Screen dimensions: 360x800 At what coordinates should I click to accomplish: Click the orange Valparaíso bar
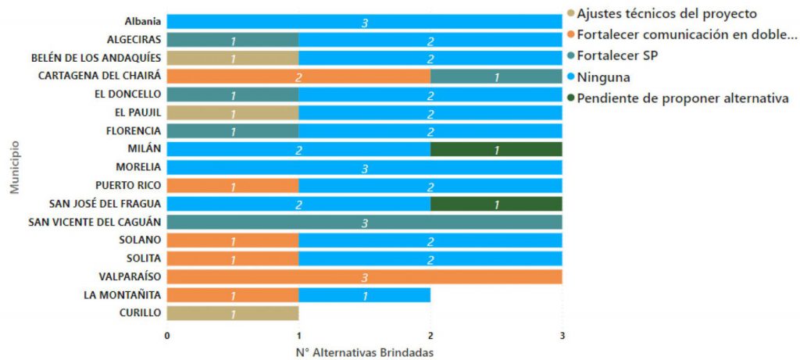[x=364, y=276]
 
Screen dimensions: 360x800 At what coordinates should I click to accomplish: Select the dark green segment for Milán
[x=496, y=149]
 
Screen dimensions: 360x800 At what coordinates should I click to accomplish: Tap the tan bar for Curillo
[x=232, y=313]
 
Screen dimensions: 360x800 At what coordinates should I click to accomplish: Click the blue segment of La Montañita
[x=364, y=295]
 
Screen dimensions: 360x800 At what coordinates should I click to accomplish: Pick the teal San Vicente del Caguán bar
[x=364, y=222]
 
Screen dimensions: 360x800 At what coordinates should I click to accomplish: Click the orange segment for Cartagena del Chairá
[x=298, y=76]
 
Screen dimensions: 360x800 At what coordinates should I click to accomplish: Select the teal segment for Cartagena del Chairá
[x=496, y=76]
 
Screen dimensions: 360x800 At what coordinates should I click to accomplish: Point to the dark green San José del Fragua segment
[x=496, y=204]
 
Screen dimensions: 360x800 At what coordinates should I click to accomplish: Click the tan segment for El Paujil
[x=232, y=112]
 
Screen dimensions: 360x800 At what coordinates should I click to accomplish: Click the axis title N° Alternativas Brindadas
[x=364, y=351]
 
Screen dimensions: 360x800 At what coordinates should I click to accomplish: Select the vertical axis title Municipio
[x=15, y=166]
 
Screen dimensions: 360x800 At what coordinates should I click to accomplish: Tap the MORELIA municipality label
[x=138, y=167]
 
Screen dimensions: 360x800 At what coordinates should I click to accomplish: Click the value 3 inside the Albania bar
[x=364, y=23]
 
